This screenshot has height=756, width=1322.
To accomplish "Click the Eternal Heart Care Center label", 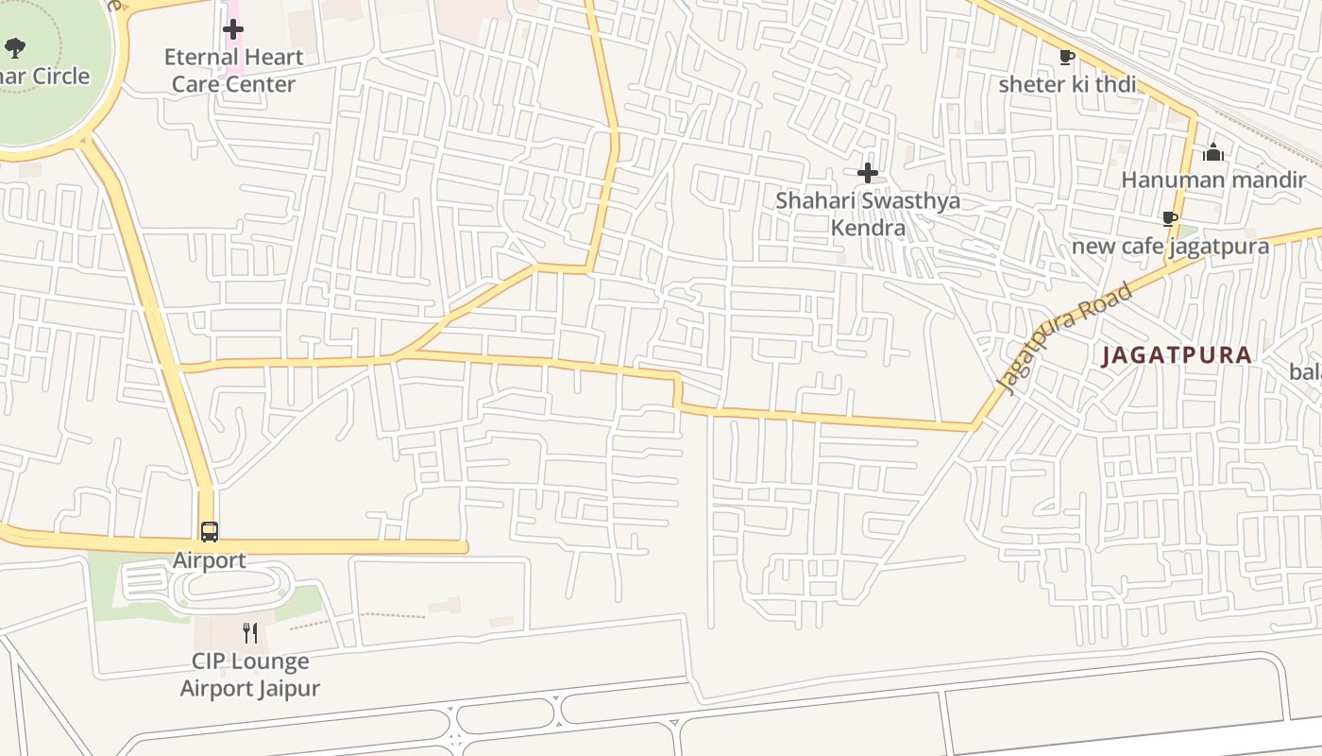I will click(x=233, y=71).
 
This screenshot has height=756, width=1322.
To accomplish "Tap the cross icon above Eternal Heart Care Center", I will click(x=233, y=29).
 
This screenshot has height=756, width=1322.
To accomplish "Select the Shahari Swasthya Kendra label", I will click(x=868, y=215).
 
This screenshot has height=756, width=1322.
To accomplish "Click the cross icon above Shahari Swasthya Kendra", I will click(x=868, y=173).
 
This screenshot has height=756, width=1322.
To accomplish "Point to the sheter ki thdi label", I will click(x=1067, y=84).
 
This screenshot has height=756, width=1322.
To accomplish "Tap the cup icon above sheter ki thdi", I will click(x=1067, y=58).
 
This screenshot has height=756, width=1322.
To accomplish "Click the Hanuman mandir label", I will click(x=1213, y=180).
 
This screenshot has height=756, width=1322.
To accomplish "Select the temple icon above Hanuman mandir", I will click(x=1213, y=152).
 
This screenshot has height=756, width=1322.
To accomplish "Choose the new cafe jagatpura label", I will click(x=1170, y=247).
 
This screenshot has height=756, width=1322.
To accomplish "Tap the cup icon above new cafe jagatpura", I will click(x=1170, y=220).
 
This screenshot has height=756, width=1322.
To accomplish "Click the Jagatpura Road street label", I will click(x=1065, y=338).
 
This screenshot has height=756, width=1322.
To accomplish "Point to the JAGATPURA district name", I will click(x=1177, y=356).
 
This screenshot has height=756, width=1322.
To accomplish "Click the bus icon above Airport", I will click(x=210, y=532).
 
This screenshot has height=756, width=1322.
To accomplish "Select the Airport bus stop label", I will click(x=210, y=560).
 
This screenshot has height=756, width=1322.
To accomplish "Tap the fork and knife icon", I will click(x=250, y=632).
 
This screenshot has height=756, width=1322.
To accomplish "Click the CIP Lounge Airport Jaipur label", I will click(x=250, y=675).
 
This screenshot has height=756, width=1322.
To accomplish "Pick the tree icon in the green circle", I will click(x=15, y=46).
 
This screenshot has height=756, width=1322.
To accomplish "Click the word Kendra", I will click(x=868, y=228).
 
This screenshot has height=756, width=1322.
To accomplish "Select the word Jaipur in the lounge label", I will click(x=289, y=688).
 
